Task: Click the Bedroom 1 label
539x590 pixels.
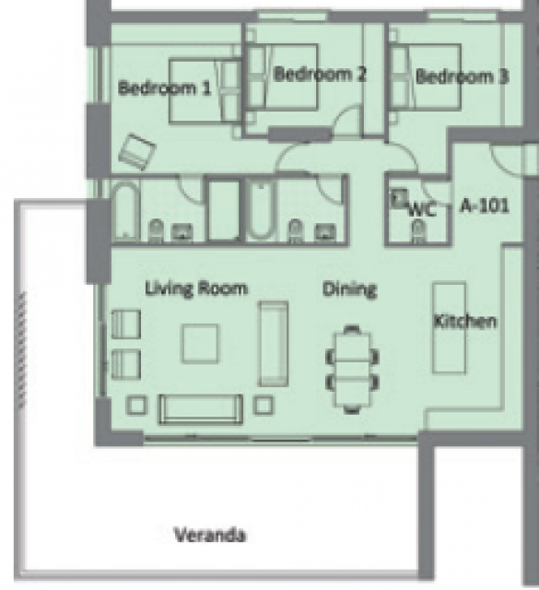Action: [164, 88]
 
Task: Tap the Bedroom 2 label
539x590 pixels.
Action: [320, 74]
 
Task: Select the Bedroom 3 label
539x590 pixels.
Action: [463, 77]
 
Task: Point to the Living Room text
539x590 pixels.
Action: [196, 289]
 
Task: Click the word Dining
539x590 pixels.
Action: [349, 289]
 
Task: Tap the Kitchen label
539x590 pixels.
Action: [465, 322]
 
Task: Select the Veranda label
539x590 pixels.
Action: [210, 535]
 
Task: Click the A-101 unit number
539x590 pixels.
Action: [485, 206]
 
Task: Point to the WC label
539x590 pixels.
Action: [422, 209]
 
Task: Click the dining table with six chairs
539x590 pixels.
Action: [352, 369]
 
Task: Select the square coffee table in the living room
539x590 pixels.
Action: [200, 344]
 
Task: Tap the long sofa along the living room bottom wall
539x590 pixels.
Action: [201, 409]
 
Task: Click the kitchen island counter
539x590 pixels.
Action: [449, 327]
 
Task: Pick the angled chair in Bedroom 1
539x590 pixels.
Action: [137, 151]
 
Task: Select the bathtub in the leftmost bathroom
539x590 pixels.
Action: [125, 211]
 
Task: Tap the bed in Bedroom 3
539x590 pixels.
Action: [425, 77]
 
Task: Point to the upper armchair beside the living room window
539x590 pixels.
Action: [126, 324]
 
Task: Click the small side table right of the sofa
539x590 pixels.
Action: [264, 405]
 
